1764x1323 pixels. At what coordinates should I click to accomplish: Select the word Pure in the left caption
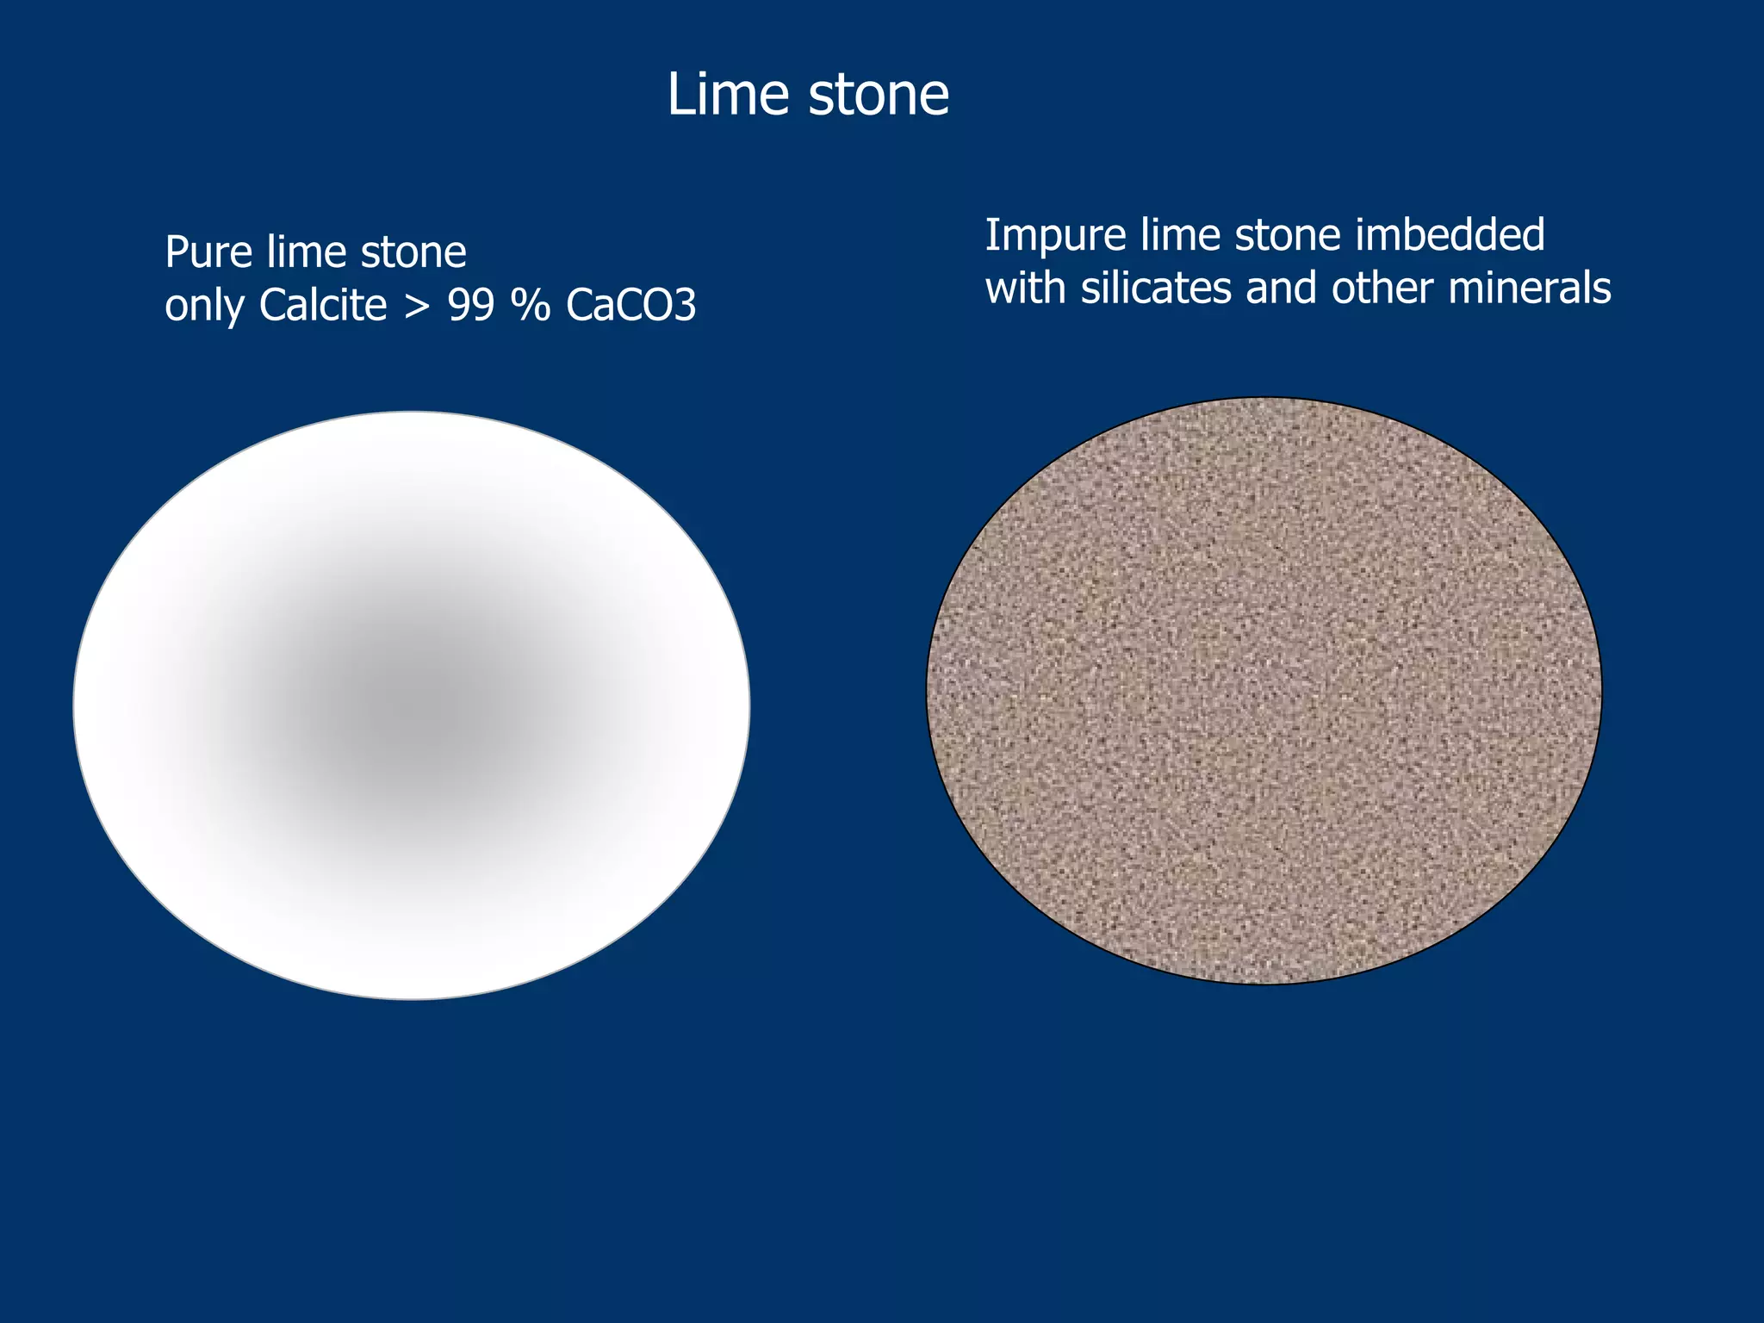(207, 252)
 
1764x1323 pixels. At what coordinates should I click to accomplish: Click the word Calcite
(323, 305)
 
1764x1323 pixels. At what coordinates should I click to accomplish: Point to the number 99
(471, 305)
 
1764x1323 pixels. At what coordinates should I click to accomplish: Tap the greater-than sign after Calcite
(417, 307)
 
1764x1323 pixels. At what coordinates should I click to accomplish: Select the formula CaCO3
(631, 305)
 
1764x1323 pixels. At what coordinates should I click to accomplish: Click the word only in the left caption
(204, 307)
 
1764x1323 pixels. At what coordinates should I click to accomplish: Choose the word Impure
(1055, 237)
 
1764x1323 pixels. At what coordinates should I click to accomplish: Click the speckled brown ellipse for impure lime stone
(1264, 690)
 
